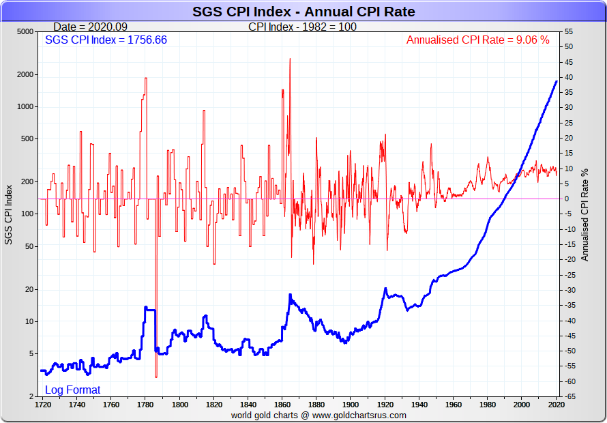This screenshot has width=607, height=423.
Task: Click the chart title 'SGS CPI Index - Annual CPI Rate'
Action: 303,12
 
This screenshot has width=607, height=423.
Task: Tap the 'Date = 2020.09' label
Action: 89,27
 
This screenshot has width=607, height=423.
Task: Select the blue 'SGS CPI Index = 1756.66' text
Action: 106,40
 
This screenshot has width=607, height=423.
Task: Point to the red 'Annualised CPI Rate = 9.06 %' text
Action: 477,40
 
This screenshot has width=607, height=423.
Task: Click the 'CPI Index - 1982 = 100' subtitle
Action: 302,27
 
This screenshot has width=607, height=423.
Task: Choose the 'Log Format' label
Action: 72,390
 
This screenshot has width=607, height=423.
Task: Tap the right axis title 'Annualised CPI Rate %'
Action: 584,214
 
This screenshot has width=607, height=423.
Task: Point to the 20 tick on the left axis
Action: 28,290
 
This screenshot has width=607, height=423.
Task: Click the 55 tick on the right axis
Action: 568,32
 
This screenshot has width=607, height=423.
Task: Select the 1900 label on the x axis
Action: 351,404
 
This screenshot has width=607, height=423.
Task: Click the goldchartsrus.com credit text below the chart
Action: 319,415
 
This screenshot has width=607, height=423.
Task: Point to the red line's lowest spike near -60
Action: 156,376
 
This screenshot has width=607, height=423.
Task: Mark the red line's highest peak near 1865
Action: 290,59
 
